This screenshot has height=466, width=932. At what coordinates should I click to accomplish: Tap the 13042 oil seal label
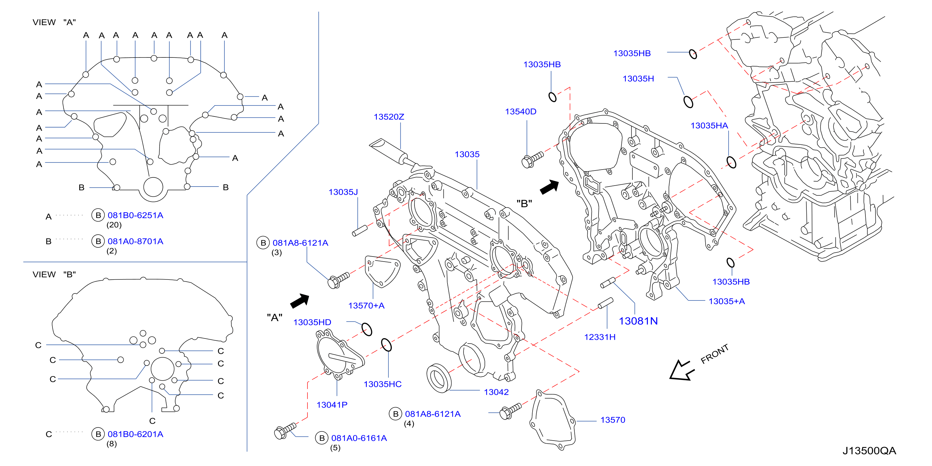pyautogui.click(x=496, y=392)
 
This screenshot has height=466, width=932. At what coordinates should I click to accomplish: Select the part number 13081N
pyautogui.click(x=638, y=321)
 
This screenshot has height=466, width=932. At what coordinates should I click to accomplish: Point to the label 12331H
pyautogui.click(x=599, y=337)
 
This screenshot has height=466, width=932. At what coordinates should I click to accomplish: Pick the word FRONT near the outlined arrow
pyautogui.click(x=715, y=354)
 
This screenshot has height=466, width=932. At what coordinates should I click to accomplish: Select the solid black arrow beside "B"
pyautogui.click(x=550, y=187)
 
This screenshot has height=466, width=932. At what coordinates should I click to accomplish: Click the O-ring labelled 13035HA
pyautogui.click(x=731, y=162)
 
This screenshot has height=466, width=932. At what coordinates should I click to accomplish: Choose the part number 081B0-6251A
pyautogui.click(x=135, y=215)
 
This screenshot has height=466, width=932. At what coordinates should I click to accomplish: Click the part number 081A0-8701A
pyautogui.click(x=135, y=241)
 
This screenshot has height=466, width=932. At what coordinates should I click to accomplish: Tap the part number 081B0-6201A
pyautogui.click(x=135, y=434)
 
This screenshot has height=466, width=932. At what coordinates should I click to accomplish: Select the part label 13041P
pyautogui.click(x=332, y=405)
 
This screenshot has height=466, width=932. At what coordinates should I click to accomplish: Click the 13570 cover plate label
pyautogui.click(x=613, y=420)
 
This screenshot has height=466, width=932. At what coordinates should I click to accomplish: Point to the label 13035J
pyautogui.click(x=343, y=192)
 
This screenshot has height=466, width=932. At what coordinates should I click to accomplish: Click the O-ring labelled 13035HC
pyautogui.click(x=386, y=345)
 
